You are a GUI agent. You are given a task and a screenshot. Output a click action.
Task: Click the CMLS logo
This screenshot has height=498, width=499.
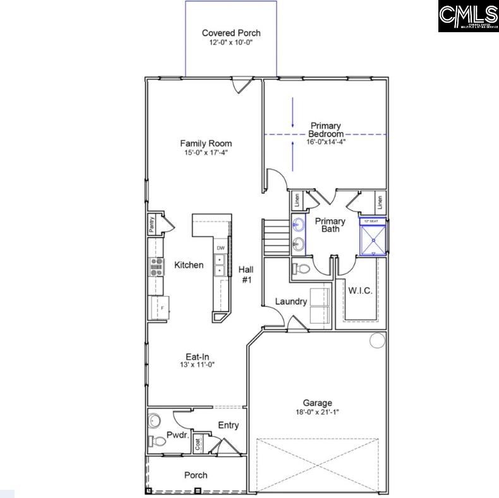[468, 16]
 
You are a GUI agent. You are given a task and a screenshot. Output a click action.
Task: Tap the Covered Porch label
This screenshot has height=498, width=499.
[231, 33]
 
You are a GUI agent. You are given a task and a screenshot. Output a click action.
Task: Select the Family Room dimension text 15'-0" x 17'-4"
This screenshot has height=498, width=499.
[206, 153]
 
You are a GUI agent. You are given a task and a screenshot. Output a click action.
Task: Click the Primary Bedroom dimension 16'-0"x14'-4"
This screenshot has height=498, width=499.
[326, 142]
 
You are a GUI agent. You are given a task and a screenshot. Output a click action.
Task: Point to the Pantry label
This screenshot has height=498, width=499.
[152, 225]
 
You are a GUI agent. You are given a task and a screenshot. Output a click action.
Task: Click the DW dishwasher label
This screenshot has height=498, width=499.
[220, 248]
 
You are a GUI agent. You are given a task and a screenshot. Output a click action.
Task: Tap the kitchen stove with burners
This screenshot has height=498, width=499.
[155, 267]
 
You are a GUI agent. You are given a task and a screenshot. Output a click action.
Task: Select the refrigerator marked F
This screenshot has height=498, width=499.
[156, 307]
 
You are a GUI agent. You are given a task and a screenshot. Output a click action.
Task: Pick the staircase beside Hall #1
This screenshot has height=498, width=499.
[274, 235]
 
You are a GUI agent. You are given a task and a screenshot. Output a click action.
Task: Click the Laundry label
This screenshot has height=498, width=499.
[291, 302]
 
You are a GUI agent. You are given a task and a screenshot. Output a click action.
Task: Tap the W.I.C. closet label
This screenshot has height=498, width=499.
[360, 291]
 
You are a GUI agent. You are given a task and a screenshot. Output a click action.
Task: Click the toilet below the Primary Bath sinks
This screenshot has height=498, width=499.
[302, 270]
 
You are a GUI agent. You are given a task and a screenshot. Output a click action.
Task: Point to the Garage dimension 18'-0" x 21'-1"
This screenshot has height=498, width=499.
[317, 413]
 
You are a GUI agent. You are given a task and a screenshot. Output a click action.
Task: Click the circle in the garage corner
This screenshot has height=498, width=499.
[377, 341]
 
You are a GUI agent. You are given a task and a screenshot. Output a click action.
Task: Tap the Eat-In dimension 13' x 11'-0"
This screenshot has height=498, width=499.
[198, 364]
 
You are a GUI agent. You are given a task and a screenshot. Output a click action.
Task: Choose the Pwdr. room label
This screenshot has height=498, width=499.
[175, 435]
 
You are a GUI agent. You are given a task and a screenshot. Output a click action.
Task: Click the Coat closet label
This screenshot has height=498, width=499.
[198, 444]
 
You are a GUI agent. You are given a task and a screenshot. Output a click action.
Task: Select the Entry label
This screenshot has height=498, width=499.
[228, 425]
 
